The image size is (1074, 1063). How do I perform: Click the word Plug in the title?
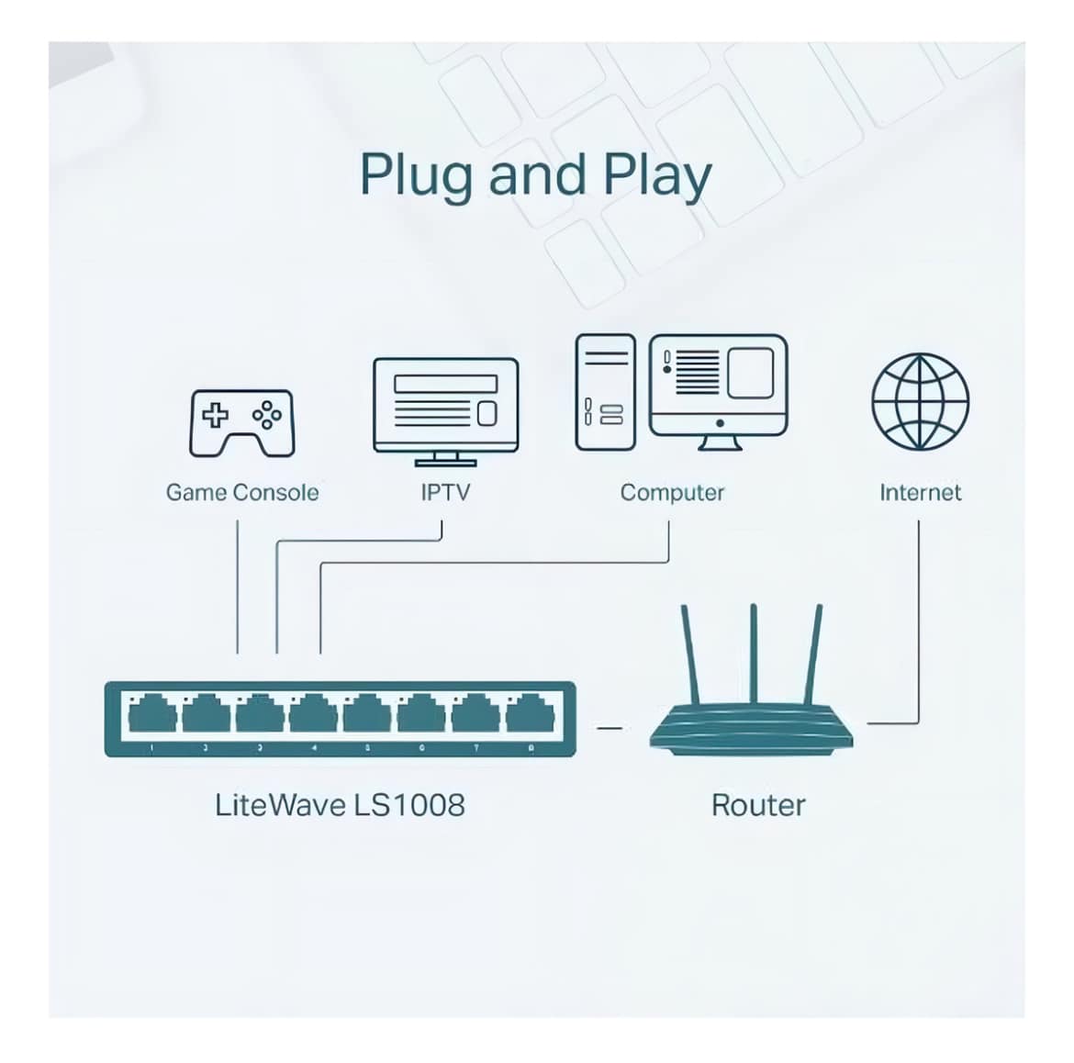(x=418, y=174)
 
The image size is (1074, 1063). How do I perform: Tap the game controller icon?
(x=241, y=422)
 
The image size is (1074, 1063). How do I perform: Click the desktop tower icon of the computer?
(x=605, y=392)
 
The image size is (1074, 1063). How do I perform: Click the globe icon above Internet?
(x=920, y=401)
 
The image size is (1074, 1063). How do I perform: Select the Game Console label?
(x=241, y=493)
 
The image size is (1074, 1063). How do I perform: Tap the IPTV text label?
(x=445, y=493)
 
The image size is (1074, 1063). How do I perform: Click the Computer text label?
(x=672, y=493)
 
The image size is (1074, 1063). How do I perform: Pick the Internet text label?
(x=920, y=493)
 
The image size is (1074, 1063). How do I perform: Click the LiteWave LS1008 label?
(x=340, y=805)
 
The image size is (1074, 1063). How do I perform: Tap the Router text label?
(x=758, y=805)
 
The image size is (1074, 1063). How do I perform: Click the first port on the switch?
(x=152, y=713)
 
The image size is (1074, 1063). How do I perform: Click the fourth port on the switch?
(x=313, y=713)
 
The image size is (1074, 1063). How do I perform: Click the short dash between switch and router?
(x=609, y=729)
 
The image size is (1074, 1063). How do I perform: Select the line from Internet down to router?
(x=918, y=624)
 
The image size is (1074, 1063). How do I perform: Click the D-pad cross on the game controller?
(x=215, y=415)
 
